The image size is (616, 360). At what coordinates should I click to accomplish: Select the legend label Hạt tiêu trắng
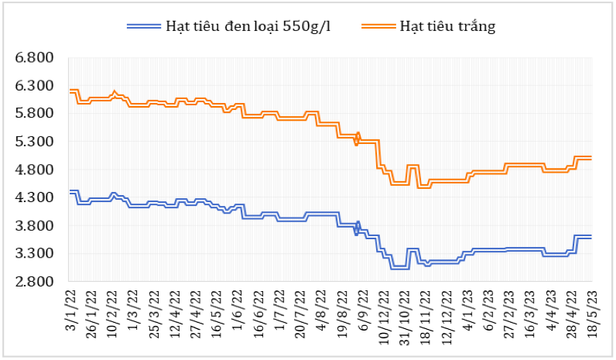tap(447, 26)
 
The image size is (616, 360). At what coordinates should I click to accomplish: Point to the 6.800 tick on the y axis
tap(35, 58)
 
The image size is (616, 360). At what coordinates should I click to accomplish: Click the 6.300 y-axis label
tap(35, 86)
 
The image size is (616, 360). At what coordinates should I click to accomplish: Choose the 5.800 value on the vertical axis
tap(35, 114)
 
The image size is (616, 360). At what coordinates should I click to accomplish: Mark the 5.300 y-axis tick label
tap(35, 142)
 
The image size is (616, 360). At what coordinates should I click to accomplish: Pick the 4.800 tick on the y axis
tap(35, 170)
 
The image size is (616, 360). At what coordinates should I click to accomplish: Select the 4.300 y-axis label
tap(35, 197)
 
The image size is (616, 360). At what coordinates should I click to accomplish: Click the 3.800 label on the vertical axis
tap(35, 225)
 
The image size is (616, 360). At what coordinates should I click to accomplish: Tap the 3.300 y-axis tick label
tap(35, 253)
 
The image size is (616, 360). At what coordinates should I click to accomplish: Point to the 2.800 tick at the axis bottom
tap(35, 281)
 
